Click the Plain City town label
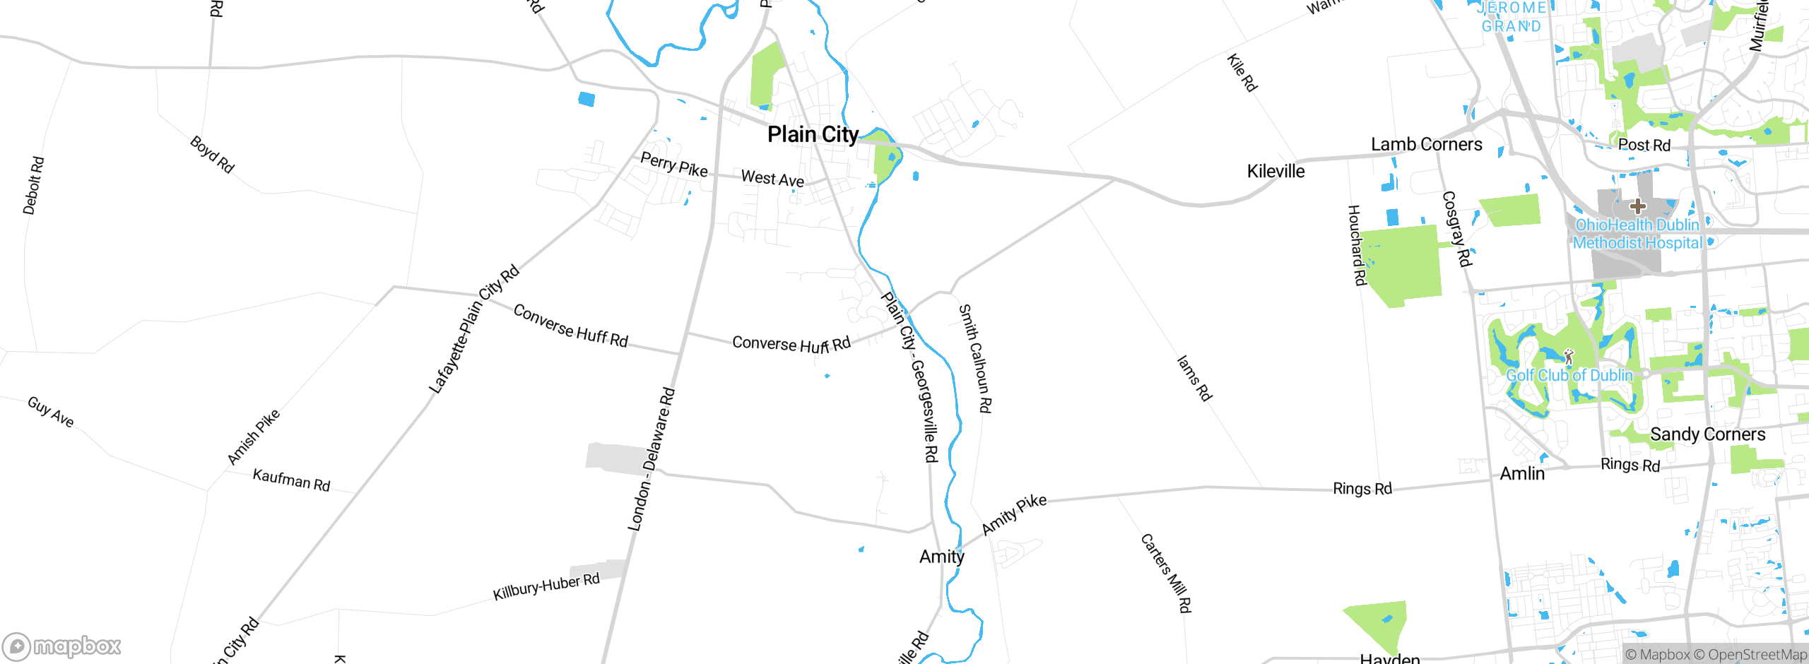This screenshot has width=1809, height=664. click(x=813, y=134)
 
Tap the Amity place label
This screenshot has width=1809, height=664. click(x=941, y=557)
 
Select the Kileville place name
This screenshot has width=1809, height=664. click(x=1275, y=172)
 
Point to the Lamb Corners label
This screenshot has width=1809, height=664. click(x=1426, y=145)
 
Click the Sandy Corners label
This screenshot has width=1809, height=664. click(x=1707, y=434)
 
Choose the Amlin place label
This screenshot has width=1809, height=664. click(x=1522, y=474)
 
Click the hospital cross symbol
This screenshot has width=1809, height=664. click(x=1638, y=206)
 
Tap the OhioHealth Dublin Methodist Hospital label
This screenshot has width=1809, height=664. click(x=1637, y=234)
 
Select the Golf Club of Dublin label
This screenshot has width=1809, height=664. click(x=1569, y=376)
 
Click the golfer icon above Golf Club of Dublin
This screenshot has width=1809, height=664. click(x=1569, y=357)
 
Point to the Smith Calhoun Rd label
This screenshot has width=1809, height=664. click(x=975, y=358)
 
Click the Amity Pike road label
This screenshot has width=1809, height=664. click(x=1014, y=514)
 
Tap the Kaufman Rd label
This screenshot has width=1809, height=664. click(x=291, y=480)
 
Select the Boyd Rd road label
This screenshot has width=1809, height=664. click(x=212, y=154)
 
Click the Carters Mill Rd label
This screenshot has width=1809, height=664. click(x=1166, y=573)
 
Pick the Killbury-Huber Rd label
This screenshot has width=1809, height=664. click(x=546, y=586)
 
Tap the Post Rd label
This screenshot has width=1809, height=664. click(x=1644, y=146)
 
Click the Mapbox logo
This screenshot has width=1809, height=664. click(x=62, y=646)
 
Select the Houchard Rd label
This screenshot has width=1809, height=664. click(x=1356, y=245)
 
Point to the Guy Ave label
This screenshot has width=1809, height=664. click(x=50, y=412)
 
